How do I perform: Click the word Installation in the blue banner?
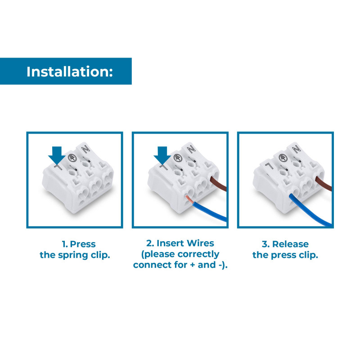(70, 72)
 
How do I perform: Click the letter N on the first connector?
(86, 149)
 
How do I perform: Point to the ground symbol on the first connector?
(72, 158)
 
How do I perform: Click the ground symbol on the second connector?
(177, 158)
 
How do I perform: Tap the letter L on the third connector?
(269, 166)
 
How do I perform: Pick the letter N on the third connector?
(297, 149)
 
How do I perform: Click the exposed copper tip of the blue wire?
(190, 200)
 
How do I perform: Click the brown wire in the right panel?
(324, 184)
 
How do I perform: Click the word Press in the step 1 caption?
(83, 244)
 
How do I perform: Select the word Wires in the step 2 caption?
(201, 243)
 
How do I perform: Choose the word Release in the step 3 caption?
(290, 244)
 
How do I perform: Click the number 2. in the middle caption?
(150, 243)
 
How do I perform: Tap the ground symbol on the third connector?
(283, 158)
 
